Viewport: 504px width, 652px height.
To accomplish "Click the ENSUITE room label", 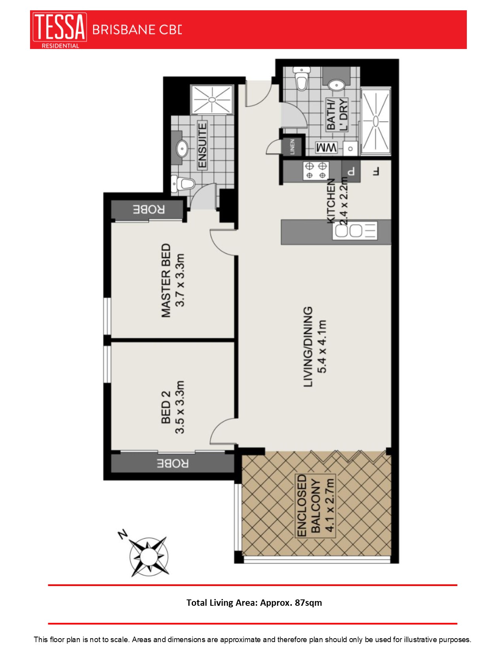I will click(202, 145).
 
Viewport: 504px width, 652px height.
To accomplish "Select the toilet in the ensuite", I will click(184, 183).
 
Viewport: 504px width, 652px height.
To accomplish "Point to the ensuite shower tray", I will click(212, 99).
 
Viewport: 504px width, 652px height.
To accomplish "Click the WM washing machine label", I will click(326, 148).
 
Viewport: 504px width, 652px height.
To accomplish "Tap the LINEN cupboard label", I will click(293, 146).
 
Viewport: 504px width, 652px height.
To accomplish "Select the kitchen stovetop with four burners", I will click(316, 170).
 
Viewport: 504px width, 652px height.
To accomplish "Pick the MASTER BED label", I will click(166, 280).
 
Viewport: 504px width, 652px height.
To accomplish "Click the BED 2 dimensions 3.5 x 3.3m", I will click(180, 407).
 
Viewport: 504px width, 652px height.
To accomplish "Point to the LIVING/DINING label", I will click(308, 347).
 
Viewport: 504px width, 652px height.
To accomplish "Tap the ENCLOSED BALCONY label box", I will click(315, 506).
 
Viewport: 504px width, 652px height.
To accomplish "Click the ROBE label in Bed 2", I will click(173, 463).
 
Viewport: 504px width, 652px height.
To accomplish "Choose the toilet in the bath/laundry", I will click(302, 79).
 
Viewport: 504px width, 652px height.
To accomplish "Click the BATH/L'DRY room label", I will click(337, 114).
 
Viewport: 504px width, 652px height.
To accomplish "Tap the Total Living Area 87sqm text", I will click(254, 603).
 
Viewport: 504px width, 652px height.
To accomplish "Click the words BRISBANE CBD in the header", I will click(137, 30).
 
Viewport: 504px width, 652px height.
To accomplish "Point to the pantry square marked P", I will click(351, 171).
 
